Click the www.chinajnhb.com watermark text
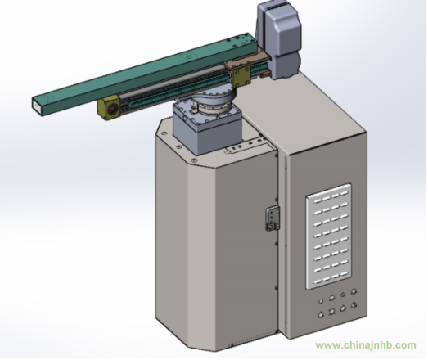[x=366, y=345]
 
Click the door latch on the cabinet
[x=273, y=219]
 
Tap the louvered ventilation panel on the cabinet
[x=328, y=236]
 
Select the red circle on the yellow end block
[x=112, y=110]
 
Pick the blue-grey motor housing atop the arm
[x=278, y=40]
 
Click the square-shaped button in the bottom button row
[x=331, y=311]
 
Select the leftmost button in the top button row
[x=321, y=301]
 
